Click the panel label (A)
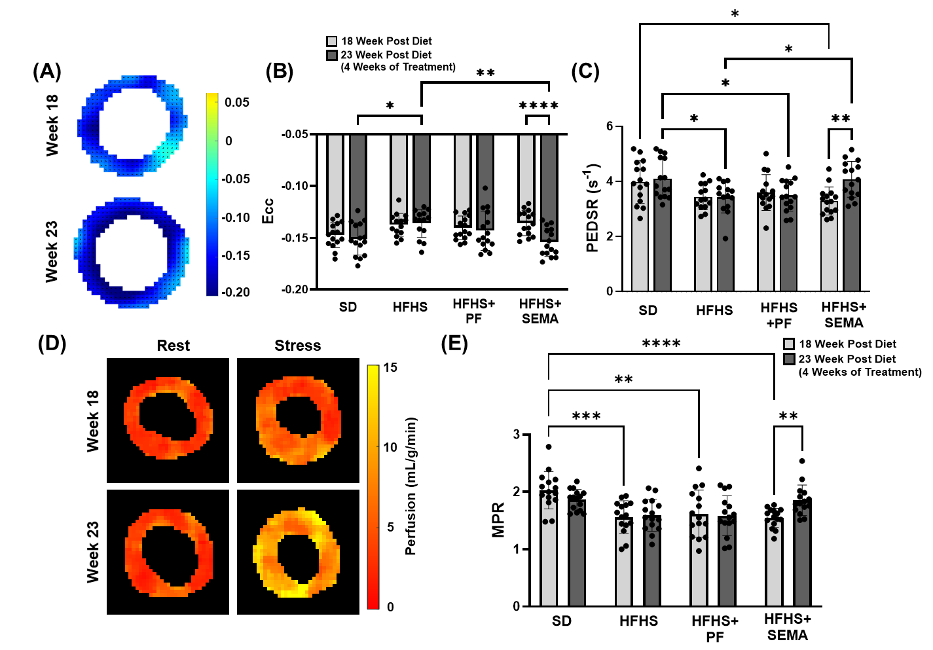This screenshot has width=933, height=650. (47, 71)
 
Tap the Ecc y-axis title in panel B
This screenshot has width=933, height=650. (268, 211)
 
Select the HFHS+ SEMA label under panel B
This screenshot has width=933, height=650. (540, 312)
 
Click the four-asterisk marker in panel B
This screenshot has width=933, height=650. (538, 106)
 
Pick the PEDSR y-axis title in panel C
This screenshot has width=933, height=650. (592, 208)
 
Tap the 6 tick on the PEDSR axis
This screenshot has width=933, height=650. (610, 126)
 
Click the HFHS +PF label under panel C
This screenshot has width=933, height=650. (779, 315)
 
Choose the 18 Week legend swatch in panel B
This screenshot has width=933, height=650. (332, 42)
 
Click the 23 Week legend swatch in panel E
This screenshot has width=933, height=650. (790, 359)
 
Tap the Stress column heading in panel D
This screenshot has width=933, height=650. (297, 346)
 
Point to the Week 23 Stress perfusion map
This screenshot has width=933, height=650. (298, 552)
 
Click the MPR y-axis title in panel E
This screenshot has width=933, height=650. (499, 520)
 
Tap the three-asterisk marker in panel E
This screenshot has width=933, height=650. (586, 417)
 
